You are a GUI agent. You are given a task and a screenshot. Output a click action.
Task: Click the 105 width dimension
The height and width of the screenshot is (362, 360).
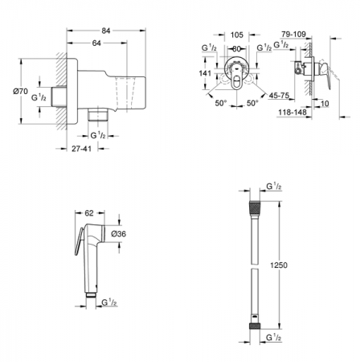(x=236, y=35)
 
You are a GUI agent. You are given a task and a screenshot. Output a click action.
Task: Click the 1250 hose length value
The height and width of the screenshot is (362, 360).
(x=279, y=265)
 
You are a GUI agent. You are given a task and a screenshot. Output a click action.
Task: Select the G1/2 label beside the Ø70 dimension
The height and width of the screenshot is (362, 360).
(x=37, y=97)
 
